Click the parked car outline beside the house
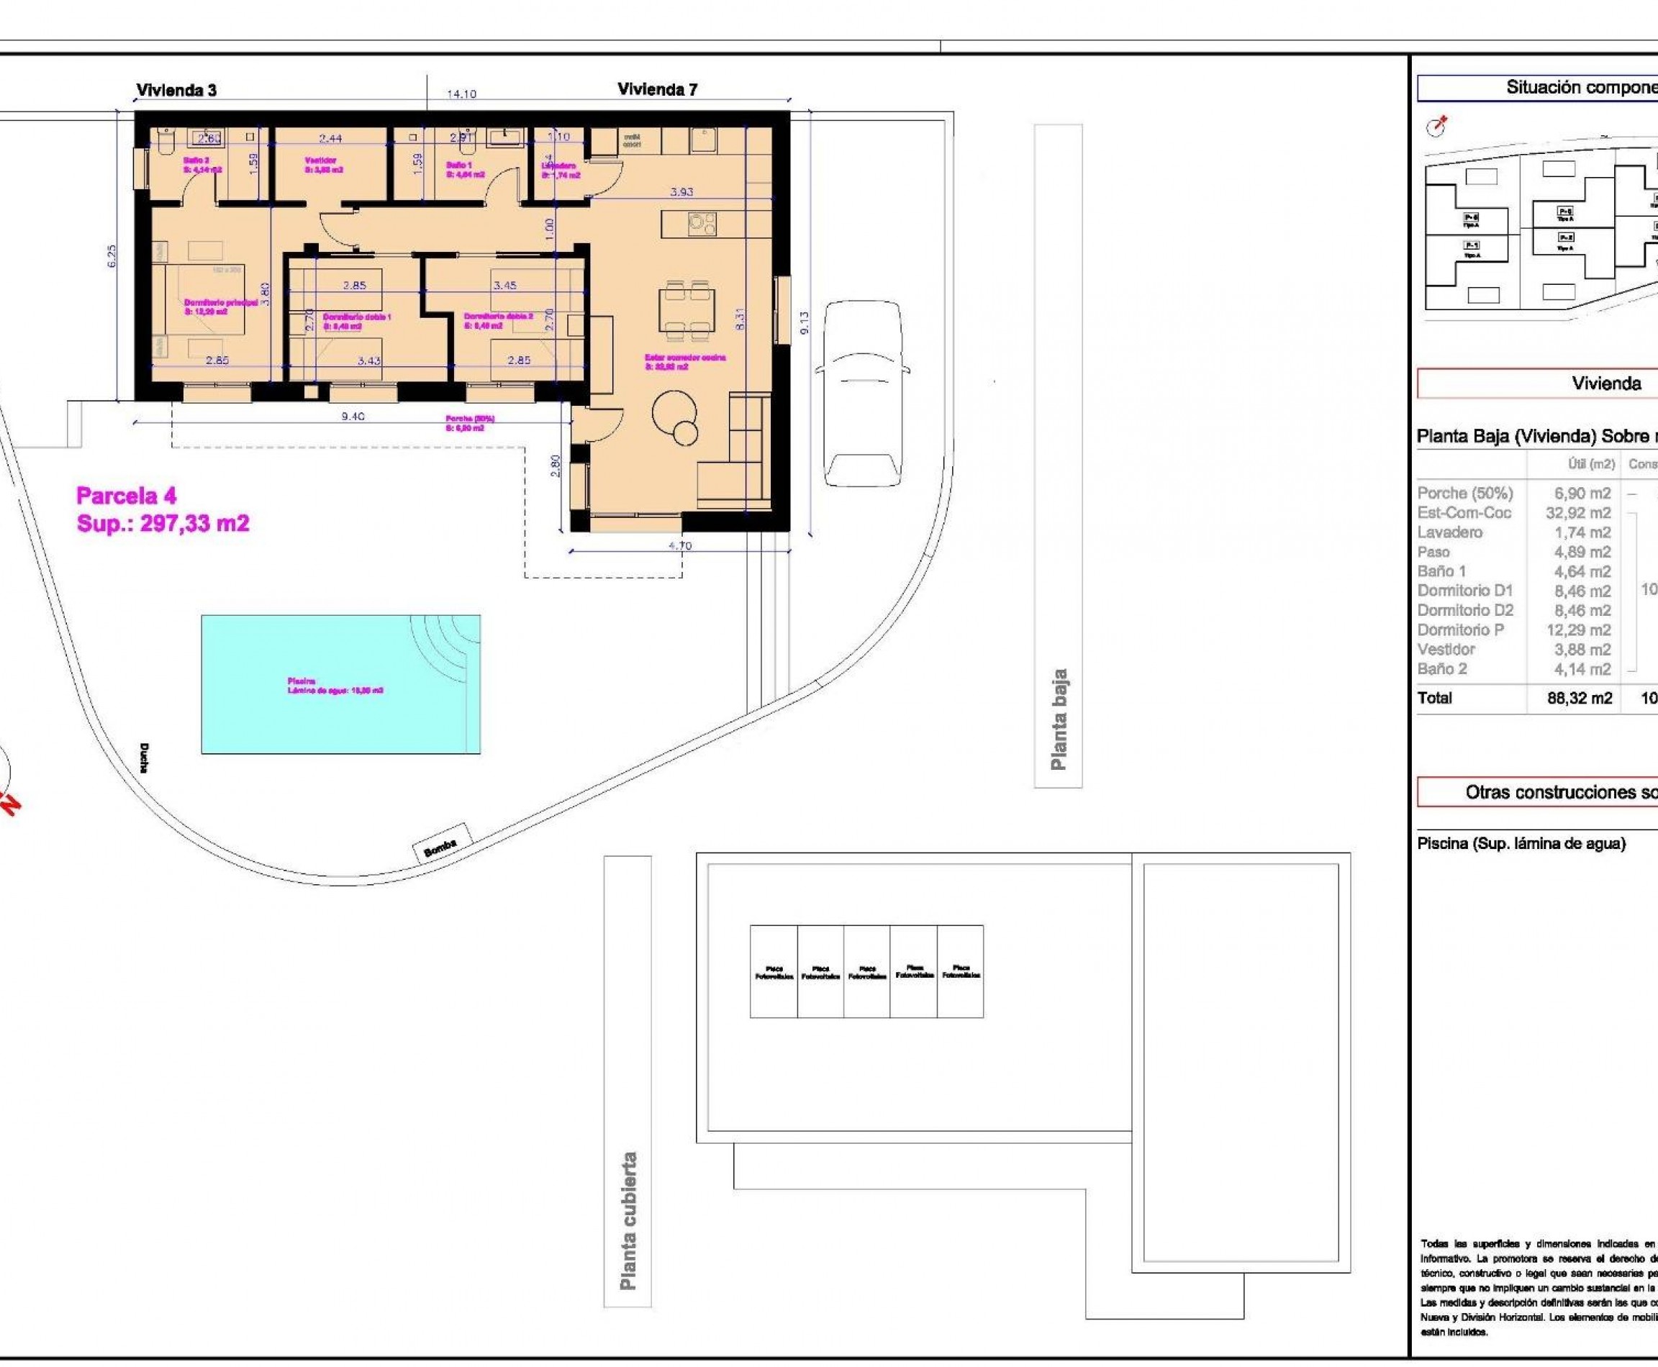[863, 394]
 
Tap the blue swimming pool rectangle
[340, 683]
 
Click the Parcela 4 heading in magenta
[126, 495]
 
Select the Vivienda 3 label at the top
[176, 90]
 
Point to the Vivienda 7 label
[657, 89]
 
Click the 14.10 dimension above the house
[461, 94]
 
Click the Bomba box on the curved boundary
[441, 842]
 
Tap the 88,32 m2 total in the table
[1580, 698]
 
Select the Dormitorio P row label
[1459, 630]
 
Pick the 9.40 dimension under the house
[353, 416]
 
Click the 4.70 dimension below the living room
[680, 545]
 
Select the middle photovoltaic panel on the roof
[866, 971]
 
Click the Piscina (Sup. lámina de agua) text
[1521, 844]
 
